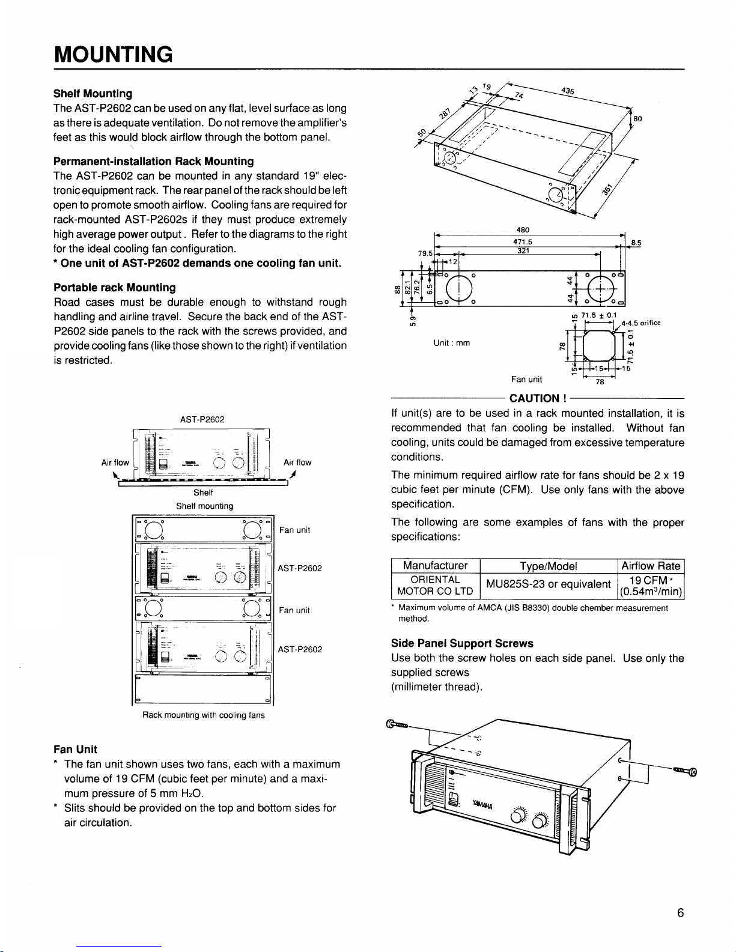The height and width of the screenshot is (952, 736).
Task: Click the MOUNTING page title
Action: (114, 55)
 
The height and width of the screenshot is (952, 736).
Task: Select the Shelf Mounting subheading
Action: (93, 94)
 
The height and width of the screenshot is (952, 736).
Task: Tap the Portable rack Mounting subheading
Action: (114, 288)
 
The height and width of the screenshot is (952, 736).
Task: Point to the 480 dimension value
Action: (523, 229)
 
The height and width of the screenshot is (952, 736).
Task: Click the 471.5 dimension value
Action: (523, 241)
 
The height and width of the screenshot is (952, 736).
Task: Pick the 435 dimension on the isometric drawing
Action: (568, 91)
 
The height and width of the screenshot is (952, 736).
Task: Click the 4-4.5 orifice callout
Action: (642, 323)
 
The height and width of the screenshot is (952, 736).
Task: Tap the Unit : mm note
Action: (451, 343)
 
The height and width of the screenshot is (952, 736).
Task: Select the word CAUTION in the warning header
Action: (534, 398)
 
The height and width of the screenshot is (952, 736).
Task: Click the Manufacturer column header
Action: (435, 566)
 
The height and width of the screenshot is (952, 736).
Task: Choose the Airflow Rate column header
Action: (651, 566)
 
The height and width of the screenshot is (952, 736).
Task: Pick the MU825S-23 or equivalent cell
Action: (548, 585)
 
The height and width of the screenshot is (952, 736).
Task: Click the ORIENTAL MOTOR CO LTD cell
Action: (435, 586)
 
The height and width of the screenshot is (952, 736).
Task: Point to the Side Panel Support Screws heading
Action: (462, 643)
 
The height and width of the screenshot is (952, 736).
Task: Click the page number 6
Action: (680, 913)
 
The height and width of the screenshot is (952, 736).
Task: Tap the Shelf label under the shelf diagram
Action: (204, 493)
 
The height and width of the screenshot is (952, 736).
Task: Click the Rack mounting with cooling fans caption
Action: (203, 715)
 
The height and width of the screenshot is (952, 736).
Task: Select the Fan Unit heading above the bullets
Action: (75, 750)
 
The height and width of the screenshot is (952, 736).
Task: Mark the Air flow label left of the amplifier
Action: (115, 462)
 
